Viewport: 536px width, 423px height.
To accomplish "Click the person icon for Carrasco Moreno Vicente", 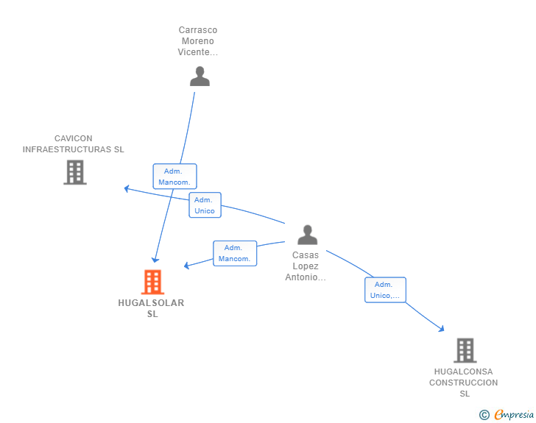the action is tap(200, 77).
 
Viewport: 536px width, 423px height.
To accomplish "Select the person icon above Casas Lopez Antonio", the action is tap(307, 235).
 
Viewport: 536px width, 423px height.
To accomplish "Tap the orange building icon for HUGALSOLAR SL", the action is tap(152, 282).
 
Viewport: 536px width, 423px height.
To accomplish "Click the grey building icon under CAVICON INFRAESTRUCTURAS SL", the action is tap(75, 173).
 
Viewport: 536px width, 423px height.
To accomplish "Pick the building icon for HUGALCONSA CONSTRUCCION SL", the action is tap(465, 350).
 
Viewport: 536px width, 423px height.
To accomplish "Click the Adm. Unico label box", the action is tap(205, 205).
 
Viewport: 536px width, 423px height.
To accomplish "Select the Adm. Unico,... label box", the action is tap(385, 290).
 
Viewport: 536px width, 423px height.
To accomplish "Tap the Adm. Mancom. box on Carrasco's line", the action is tap(174, 177).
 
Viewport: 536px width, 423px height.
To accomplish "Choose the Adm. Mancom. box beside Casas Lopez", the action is tap(235, 253).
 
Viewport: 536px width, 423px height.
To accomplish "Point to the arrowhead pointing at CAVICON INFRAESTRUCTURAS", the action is tap(127, 188).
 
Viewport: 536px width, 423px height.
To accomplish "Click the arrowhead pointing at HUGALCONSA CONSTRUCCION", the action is tap(441, 329).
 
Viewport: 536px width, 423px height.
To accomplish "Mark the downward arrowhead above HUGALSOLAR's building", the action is tap(155, 260).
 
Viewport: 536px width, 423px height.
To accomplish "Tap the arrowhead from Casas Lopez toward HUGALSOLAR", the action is tap(187, 266).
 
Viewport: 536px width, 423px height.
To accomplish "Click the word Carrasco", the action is tap(198, 30).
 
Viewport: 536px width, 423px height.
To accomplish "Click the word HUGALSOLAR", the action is tap(151, 303).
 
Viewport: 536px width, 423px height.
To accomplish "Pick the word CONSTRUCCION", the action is tap(464, 383).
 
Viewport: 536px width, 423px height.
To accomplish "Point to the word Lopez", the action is tap(306, 266).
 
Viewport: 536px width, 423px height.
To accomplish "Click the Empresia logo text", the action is tap(514, 414).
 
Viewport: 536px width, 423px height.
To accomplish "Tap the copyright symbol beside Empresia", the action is tap(484, 415).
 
